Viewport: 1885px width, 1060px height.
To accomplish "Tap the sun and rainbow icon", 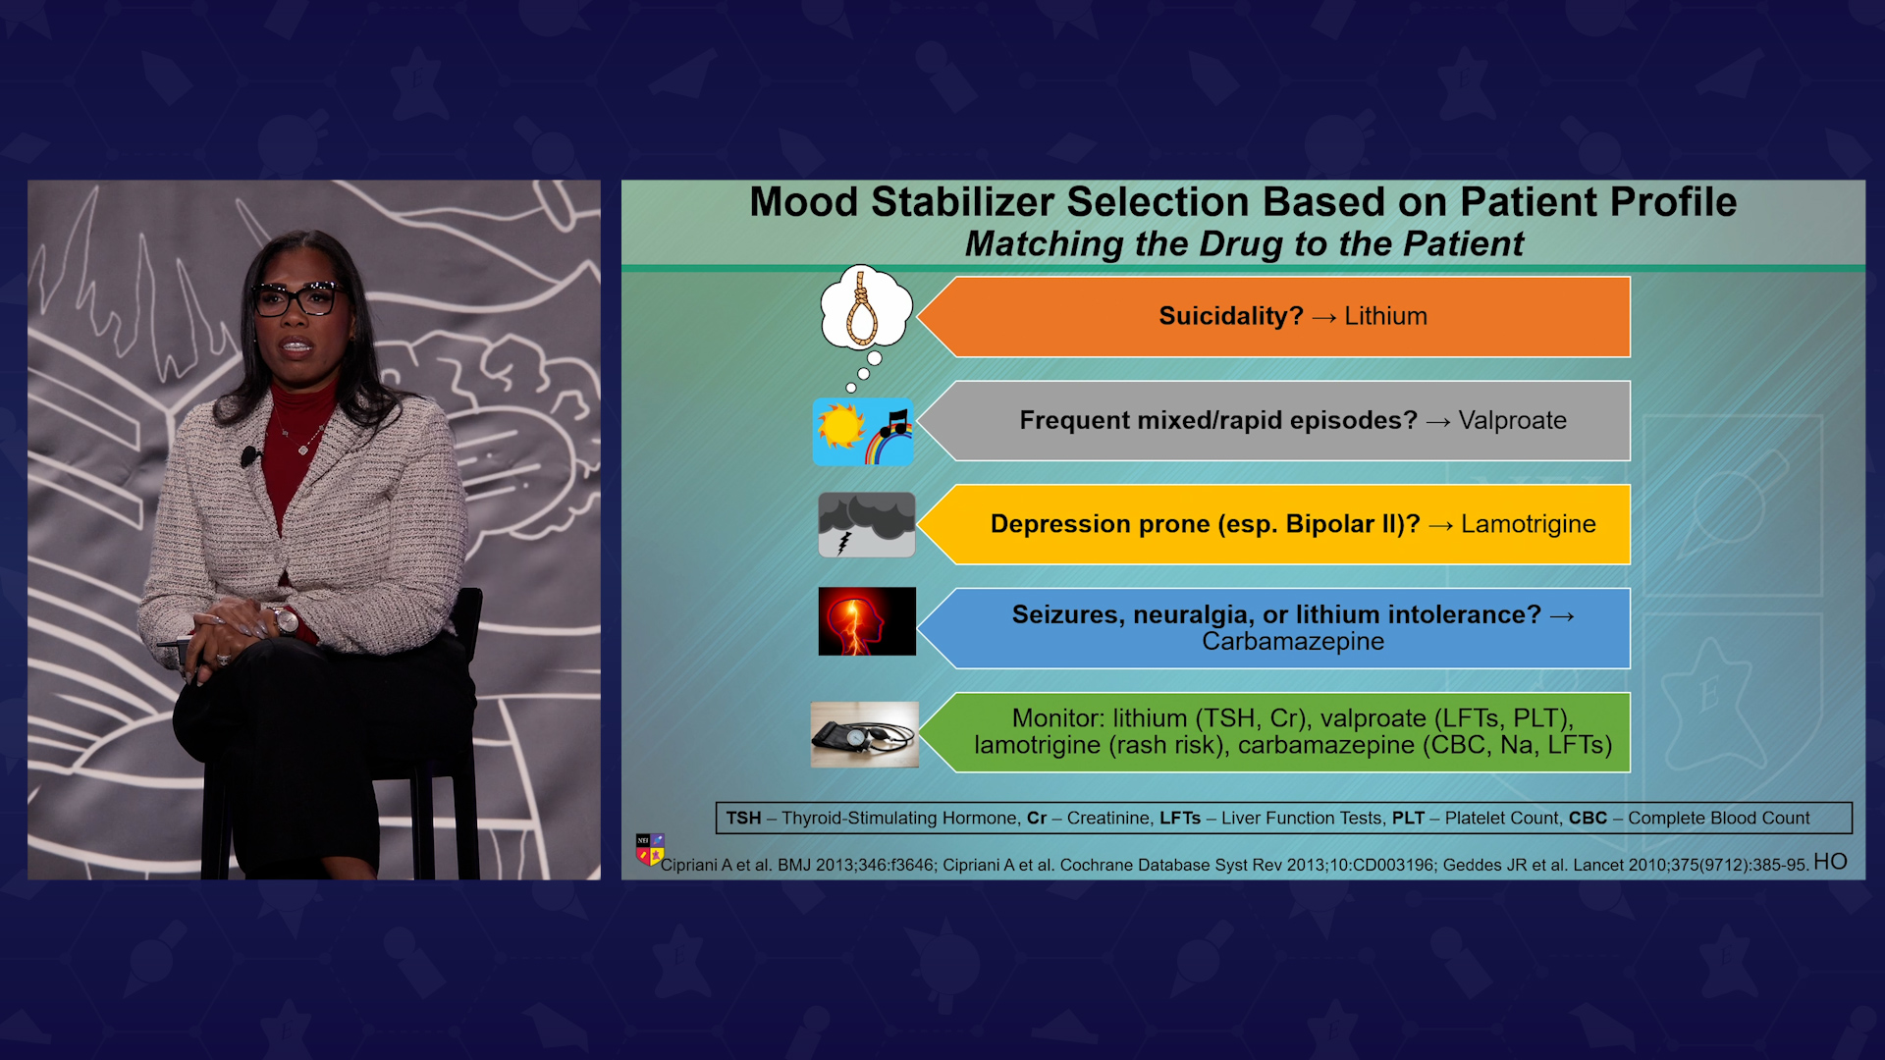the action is coord(863,432).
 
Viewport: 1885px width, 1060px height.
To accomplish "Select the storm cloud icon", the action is coord(867,524).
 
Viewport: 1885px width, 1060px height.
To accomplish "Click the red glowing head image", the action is coord(867,621).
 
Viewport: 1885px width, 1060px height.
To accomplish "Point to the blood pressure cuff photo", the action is coord(864,734).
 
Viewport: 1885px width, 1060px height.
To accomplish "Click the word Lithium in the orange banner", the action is coord(1385,316).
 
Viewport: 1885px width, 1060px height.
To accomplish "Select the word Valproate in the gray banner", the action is coord(1512,420).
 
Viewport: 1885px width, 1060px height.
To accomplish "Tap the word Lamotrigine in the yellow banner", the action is coord(1528,524).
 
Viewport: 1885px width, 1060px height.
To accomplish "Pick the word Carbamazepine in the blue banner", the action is coord(1293,641).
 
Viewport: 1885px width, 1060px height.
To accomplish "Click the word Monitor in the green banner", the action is coord(1055,718).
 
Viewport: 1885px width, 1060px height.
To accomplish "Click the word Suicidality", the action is coord(1231,316).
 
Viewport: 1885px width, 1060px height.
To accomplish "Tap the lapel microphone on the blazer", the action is coord(249,456).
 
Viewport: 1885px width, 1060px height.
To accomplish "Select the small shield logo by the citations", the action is coord(650,849).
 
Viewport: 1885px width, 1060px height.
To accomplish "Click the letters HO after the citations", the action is coord(1830,862).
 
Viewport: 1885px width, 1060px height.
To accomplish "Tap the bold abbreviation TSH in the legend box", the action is coord(743,818).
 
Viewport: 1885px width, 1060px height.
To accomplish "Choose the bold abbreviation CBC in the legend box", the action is coord(1588,818).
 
